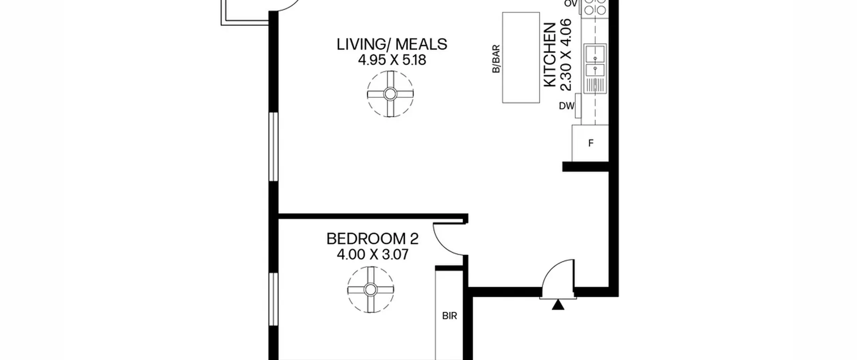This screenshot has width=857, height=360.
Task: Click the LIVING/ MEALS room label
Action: [x=392, y=45]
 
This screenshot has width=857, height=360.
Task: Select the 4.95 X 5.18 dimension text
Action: [x=392, y=60]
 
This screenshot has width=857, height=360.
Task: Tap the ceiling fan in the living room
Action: [x=390, y=94]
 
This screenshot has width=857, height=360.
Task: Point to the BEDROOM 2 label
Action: [x=373, y=239]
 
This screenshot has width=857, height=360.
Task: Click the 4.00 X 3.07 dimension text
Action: [x=373, y=255]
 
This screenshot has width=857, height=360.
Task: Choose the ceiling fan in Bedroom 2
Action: [x=371, y=290]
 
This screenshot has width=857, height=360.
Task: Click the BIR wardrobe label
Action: [x=450, y=316]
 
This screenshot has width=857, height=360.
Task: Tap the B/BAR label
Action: [x=496, y=59]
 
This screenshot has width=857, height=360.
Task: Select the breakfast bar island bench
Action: [x=521, y=58]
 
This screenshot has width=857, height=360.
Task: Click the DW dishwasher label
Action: [x=566, y=106]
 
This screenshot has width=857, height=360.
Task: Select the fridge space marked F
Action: [x=590, y=143]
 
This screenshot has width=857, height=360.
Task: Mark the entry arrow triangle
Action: [x=558, y=305]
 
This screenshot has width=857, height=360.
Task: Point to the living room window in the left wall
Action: [x=274, y=147]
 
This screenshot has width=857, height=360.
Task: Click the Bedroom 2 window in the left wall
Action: [x=274, y=299]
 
